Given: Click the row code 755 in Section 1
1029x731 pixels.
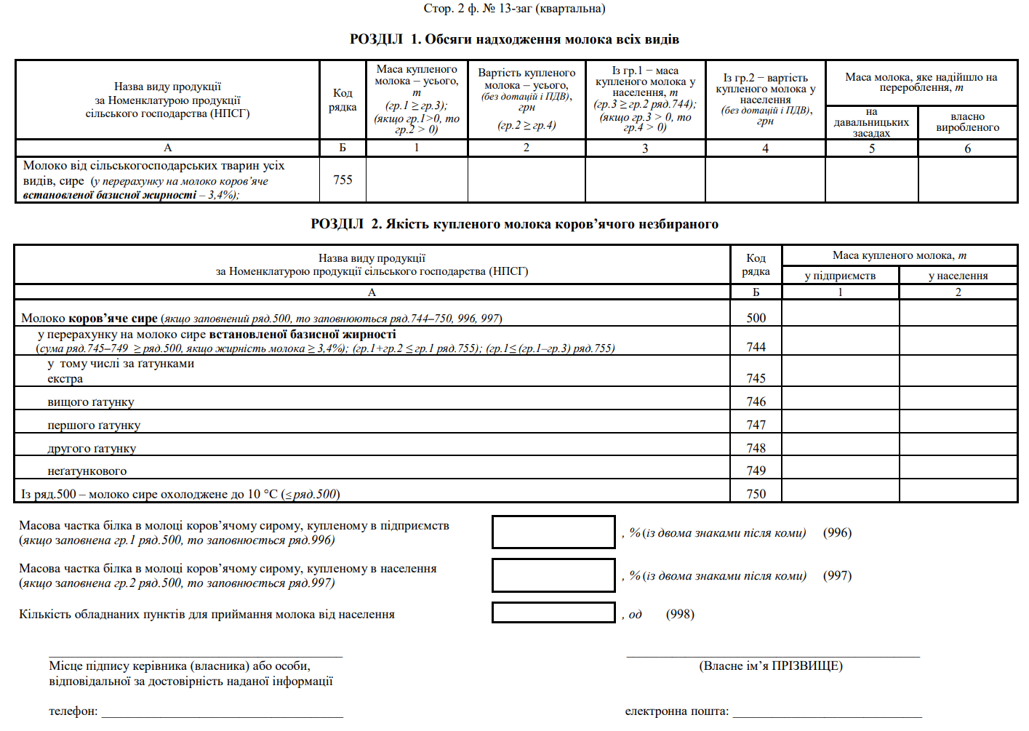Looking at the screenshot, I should tap(343, 180).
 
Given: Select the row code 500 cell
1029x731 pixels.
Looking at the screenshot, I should tap(756, 318).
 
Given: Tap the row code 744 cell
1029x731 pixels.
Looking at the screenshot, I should tap(756, 347).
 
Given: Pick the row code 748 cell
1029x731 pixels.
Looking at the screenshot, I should tap(756, 448).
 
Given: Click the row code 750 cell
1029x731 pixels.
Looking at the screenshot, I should tap(756, 494).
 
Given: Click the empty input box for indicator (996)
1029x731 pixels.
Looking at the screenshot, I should tap(553, 532).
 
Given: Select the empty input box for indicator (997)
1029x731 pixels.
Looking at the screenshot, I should tap(553, 575).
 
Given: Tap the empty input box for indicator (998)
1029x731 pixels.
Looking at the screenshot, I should tap(553, 613).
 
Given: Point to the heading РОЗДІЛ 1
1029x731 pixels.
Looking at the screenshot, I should tap(514, 39).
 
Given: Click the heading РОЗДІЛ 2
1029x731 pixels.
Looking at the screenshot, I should tap(514, 224).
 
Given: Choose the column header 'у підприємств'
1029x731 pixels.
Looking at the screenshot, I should tap(840, 276).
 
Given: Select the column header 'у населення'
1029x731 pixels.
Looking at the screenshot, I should tap(958, 276).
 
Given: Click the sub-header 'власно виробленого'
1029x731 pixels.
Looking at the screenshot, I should tap(967, 122).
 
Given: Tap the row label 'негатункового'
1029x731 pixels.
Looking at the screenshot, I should tap(87, 471).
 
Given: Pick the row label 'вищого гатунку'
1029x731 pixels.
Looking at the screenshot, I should tap(91, 402).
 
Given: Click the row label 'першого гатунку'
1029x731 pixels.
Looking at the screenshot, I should tap(94, 426).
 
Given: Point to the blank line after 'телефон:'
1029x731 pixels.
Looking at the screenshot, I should tap(222, 712).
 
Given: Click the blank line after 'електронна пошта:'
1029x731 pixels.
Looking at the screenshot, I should tap(827, 712).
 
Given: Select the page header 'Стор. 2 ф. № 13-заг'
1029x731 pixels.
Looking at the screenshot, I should tap(514, 9).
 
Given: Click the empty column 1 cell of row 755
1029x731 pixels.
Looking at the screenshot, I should tap(417, 180).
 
